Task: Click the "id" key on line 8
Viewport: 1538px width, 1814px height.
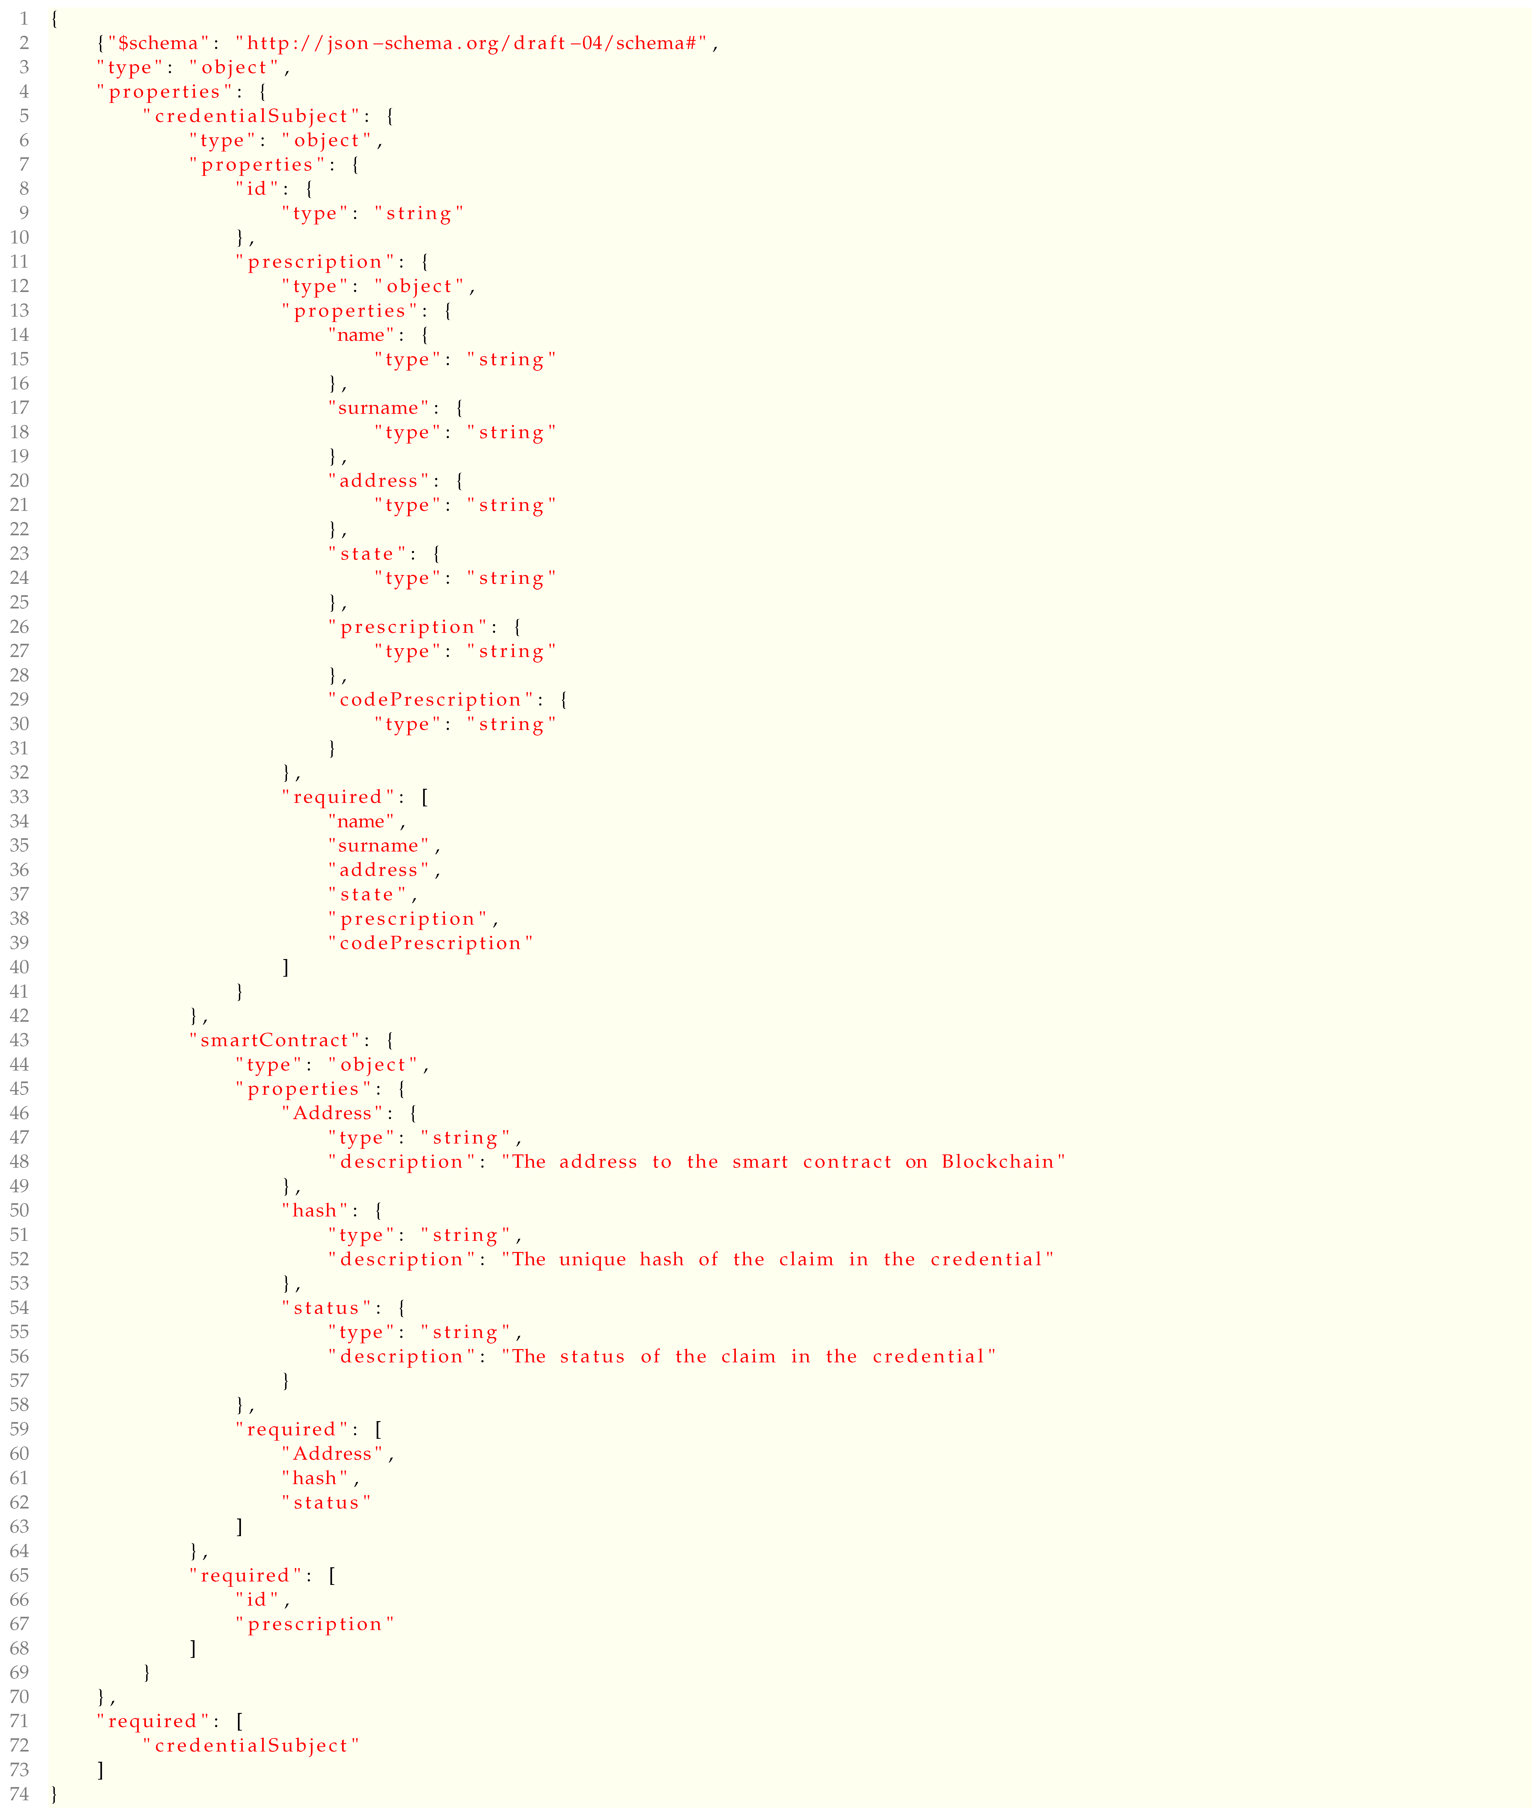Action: (x=255, y=189)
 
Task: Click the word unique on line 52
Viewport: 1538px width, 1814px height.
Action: (x=593, y=1260)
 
